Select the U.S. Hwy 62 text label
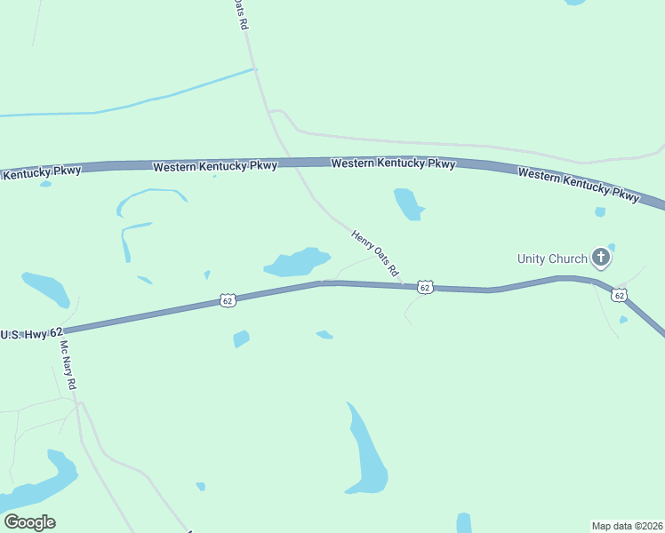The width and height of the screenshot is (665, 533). click(32, 334)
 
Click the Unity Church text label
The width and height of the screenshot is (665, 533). click(552, 259)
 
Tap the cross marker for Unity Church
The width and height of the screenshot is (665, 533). click(601, 258)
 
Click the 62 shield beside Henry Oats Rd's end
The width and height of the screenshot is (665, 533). click(425, 287)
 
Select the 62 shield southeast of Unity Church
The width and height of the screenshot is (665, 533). click(619, 294)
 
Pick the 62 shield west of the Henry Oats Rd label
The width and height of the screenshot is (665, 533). click(228, 301)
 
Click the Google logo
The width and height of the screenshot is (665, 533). click(29, 522)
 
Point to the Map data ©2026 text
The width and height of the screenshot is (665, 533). click(627, 525)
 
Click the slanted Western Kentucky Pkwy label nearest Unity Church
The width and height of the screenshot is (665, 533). click(578, 185)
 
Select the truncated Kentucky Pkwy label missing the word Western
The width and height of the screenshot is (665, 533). click(41, 172)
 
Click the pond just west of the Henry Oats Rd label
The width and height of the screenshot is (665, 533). click(297, 262)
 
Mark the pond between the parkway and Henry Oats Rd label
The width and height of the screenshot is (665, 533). click(407, 203)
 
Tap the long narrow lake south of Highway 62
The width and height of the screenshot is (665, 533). click(365, 453)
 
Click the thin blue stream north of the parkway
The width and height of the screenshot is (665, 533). click(133, 103)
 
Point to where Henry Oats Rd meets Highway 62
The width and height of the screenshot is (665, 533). click(402, 285)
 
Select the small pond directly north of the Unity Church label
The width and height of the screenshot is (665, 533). click(600, 212)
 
